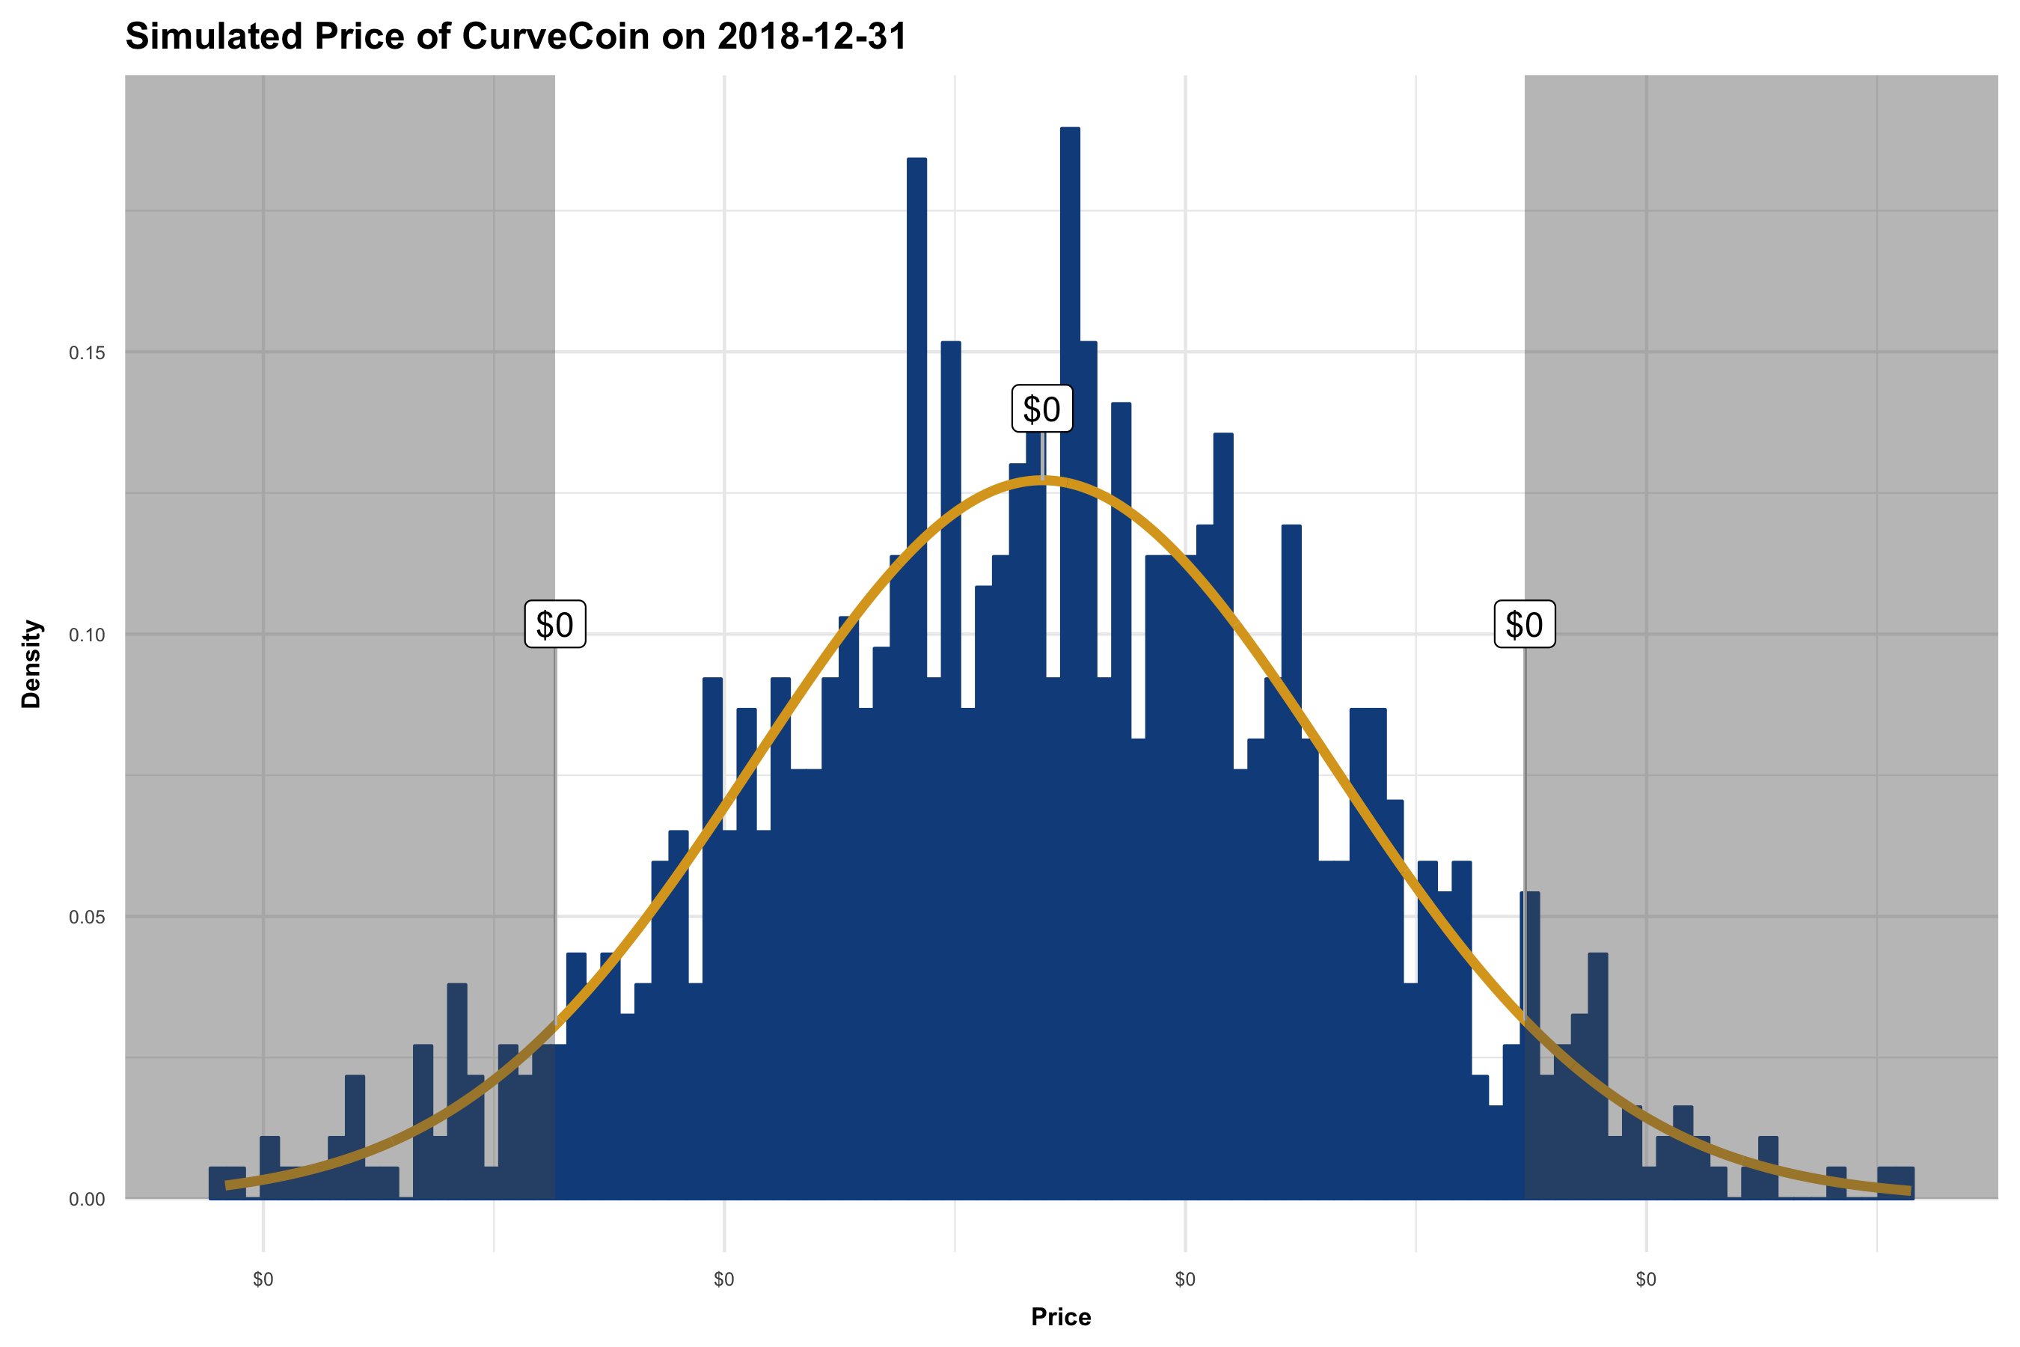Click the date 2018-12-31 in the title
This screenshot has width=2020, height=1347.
(812, 37)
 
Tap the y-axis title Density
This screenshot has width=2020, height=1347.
(31, 664)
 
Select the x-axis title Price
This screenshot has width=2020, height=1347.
(1061, 1317)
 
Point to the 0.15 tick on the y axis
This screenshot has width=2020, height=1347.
(87, 353)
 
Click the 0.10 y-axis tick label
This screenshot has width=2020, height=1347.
(87, 635)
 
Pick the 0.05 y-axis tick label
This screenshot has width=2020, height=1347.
(87, 917)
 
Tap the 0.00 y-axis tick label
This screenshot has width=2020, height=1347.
(87, 1200)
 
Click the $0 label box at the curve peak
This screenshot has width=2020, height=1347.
(1041, 409)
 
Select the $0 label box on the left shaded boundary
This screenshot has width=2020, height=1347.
(555, 625)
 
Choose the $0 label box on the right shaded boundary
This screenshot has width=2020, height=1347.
(1525, 625)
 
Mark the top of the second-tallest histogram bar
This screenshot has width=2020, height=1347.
(916, 160)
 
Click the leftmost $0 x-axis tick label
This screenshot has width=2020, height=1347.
(263, 1280)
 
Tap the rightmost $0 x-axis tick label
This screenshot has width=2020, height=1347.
(1645, 1280)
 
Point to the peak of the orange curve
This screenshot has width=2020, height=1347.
(1041, 482)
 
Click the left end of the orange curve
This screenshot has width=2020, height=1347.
(227, 1185)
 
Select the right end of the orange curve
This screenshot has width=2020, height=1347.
(1910, 1191)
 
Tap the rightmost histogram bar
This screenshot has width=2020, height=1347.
(1896, 1183)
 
